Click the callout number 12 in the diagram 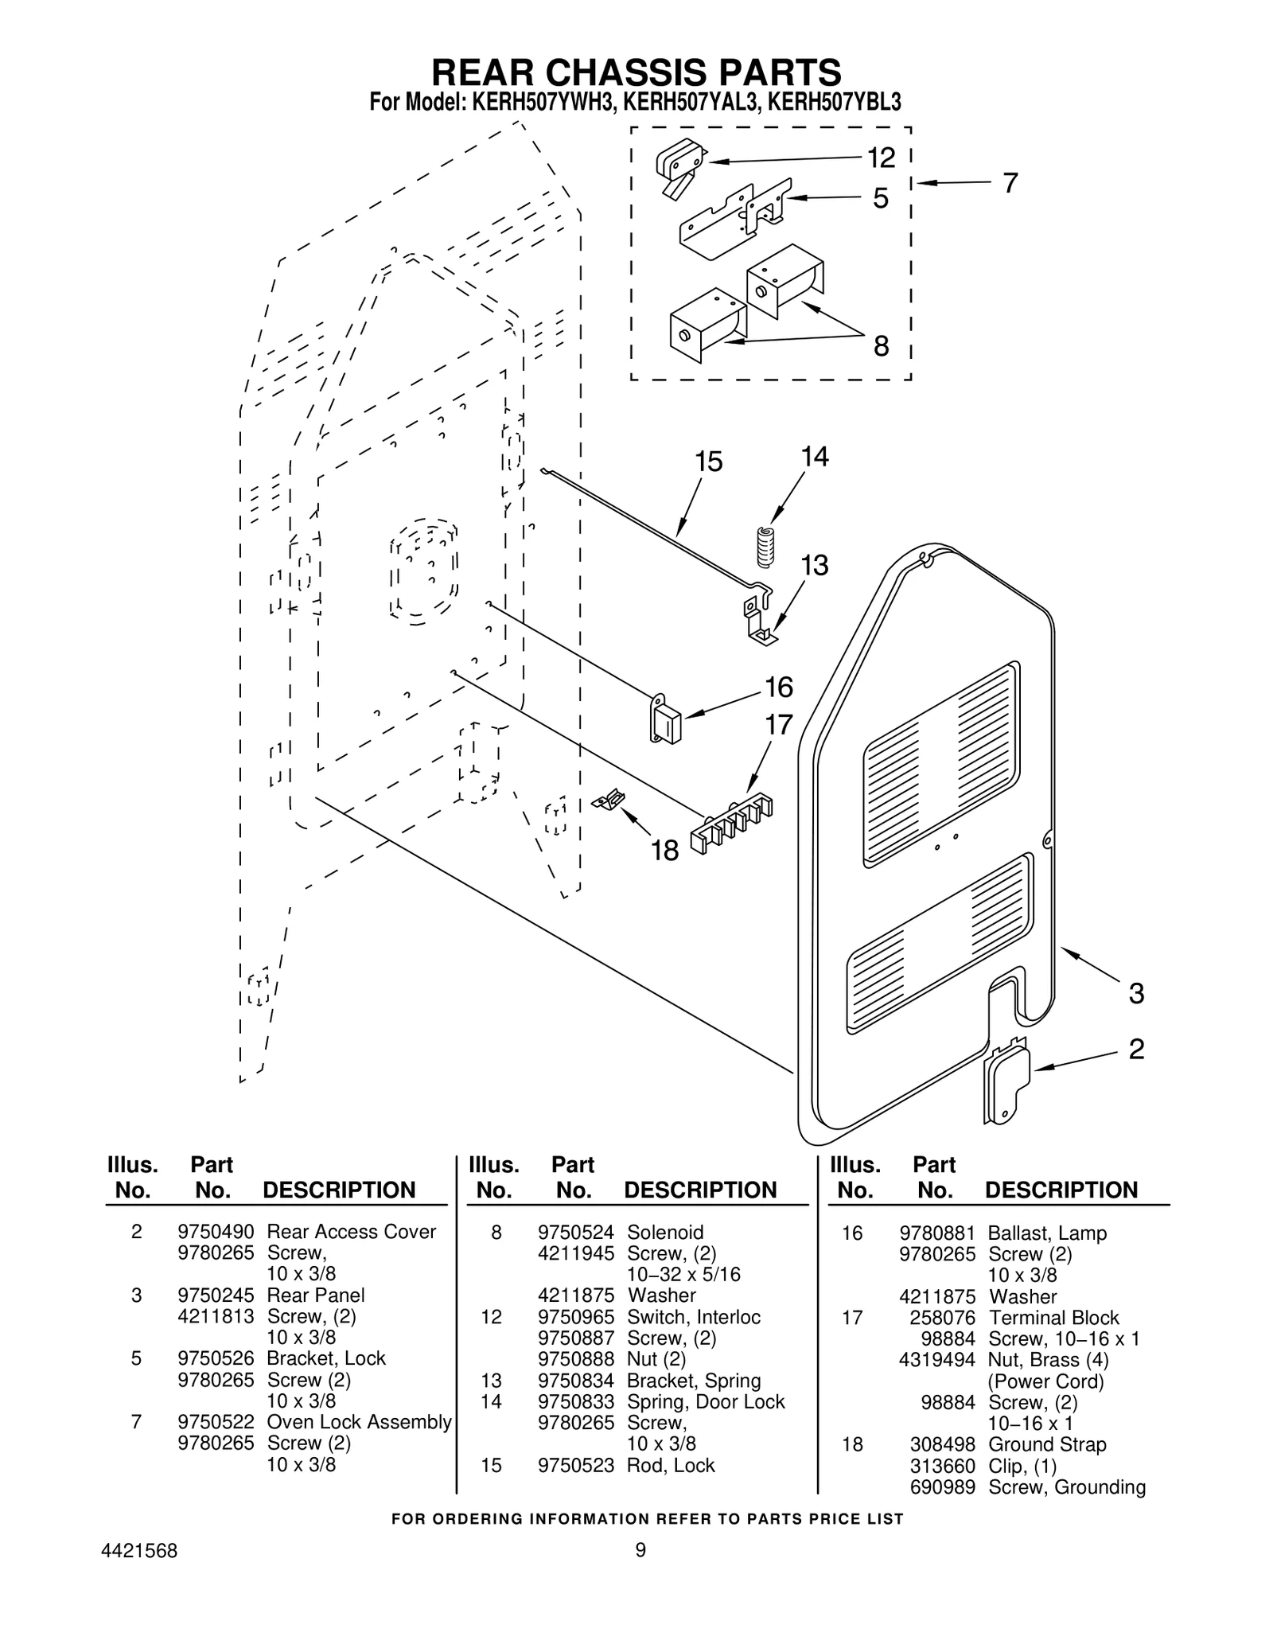[881, 158]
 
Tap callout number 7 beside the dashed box [1010, 183]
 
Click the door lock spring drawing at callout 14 [765, 547]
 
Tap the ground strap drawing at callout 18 [609, 800]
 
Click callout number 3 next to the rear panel [1136, 993]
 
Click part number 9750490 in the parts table [216, 1232]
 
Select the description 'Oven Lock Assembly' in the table [359, 1422]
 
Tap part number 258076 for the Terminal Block [942, 1318]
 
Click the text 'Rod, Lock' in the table [671, 1465]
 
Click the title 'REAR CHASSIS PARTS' [636, 72]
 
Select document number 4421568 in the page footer [140, 1551]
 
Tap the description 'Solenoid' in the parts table [665, 1232]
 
